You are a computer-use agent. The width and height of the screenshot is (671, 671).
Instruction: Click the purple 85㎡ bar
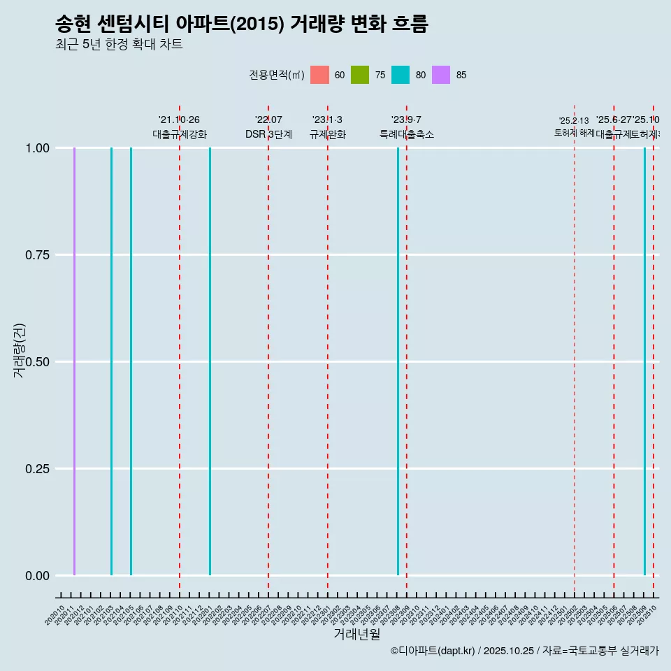pos(74,361)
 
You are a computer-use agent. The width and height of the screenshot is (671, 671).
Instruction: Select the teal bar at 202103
pos(111,361)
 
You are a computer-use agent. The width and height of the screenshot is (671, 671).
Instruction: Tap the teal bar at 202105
pos(131,361)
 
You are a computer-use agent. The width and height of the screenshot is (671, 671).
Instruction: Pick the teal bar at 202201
pos(210,361)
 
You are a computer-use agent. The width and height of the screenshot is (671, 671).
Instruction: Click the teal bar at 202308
pos(398,361)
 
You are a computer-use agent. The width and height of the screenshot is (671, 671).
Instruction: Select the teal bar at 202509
pos(644,361)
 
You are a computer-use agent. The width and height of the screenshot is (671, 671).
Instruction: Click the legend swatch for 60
pos(319,75)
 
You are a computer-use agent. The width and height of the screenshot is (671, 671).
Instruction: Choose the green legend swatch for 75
pos(360,75)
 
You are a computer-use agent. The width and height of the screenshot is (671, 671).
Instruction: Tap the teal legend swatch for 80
pos(401,75)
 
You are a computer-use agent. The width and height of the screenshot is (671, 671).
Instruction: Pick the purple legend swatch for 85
pos(441,75)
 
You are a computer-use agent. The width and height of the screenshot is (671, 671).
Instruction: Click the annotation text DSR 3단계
pos(268,134)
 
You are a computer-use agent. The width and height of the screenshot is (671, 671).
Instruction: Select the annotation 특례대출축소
pos(407,134)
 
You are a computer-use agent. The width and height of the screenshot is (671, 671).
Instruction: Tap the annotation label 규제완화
pos(328,134)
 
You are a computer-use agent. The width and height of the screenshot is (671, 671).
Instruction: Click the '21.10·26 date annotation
pos(180,120)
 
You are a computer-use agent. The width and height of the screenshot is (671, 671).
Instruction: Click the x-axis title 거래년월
pos(357,635)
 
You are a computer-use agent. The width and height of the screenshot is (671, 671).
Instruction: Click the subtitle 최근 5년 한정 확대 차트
pos(119,45)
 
